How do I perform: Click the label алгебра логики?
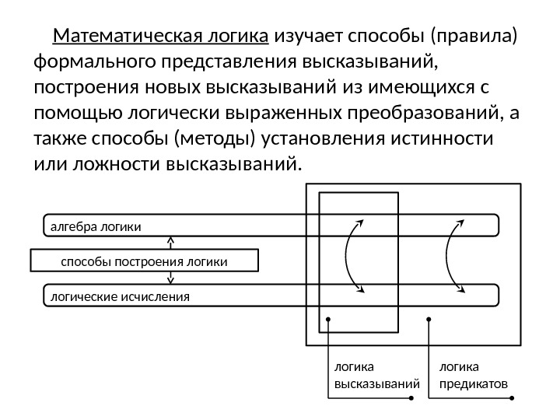click(96, 226)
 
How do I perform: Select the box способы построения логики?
click(144, 261)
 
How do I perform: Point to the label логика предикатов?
click(473, 374)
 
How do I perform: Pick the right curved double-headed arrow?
click(456, 257)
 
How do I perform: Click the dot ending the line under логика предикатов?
click(513, 399)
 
